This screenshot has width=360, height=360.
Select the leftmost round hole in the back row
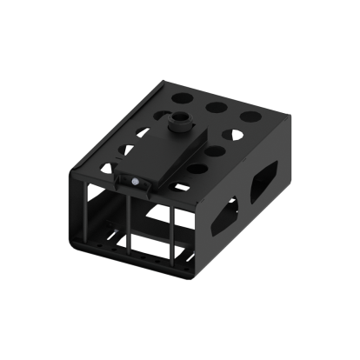[184, 98]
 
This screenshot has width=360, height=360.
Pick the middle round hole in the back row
[217, 107]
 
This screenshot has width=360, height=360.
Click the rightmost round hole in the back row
[250, 116]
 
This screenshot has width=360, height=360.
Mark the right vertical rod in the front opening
[173, 235]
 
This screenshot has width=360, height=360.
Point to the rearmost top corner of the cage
[164, 83]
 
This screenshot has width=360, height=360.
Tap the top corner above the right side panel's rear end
[286, 117]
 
